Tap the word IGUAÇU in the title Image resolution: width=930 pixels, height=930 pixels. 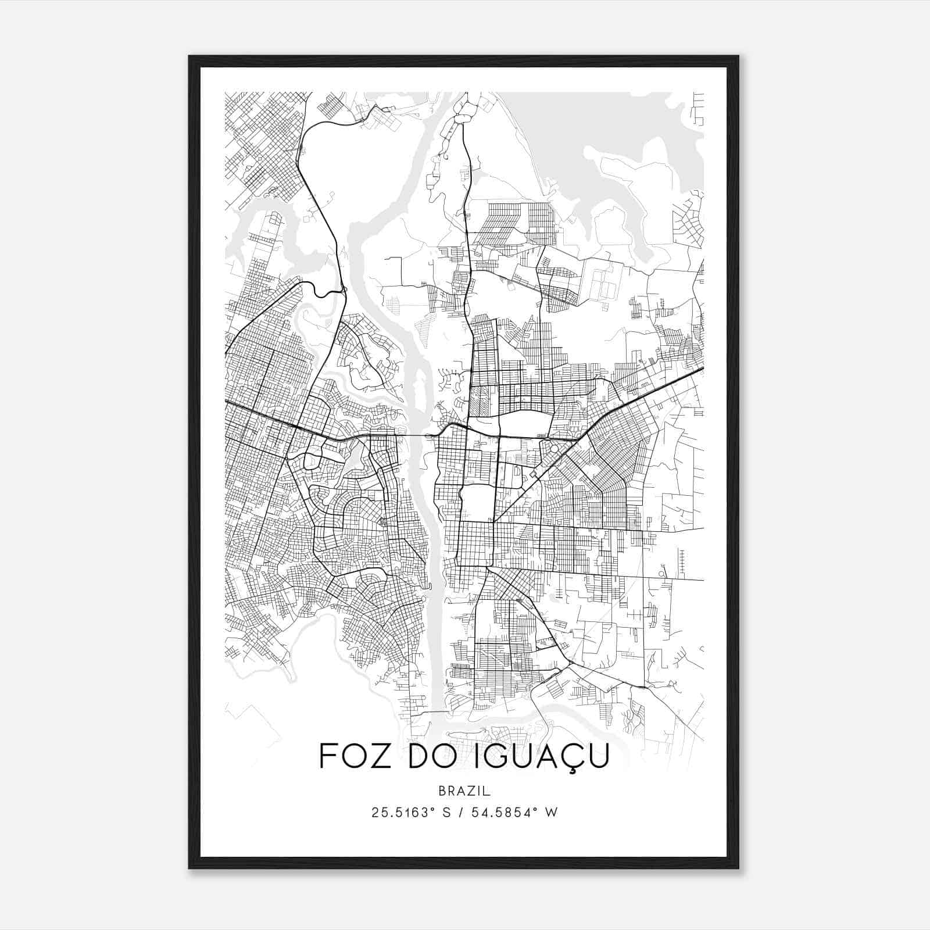(x=547, y=756)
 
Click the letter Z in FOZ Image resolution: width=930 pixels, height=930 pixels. (x=379, y=756)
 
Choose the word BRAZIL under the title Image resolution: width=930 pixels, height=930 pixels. (x=464, y=791)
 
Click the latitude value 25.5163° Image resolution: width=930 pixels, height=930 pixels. (x=403, y=813)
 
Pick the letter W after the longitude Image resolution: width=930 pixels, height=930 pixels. (x=552, y=813)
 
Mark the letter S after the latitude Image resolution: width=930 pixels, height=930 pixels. (x=446, y=813)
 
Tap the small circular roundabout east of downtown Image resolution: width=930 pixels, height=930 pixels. (x=553, y=449)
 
